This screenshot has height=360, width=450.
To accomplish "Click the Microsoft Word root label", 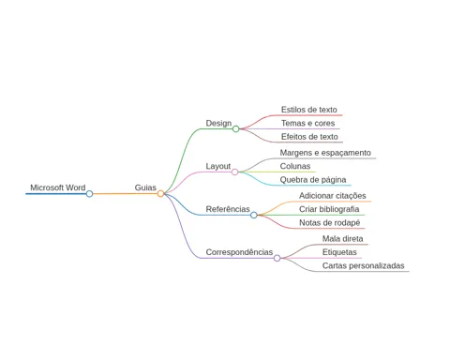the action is coord(58,187).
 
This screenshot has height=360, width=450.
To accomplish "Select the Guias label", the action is coord(145,187).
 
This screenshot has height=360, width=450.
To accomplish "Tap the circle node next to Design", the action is coord(236,128).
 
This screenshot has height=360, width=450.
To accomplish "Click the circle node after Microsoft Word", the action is coord(89,194).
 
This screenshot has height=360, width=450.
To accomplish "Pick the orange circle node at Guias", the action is coord(160,194).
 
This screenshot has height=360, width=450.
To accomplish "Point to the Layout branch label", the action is coord(218,166).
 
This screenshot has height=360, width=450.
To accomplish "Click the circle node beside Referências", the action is coord(254,215).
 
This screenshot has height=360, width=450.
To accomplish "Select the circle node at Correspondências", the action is coord(277,258).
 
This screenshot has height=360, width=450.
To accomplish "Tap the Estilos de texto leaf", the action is coord(309,110).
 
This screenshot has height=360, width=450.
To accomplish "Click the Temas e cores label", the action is coord(307,123).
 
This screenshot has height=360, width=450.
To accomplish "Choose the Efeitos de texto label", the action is coord(309,137).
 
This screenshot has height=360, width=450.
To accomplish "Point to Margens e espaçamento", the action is coord(325,153).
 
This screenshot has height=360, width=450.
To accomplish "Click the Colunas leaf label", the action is coord(295,166).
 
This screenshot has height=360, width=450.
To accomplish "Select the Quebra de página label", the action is coord(313,180).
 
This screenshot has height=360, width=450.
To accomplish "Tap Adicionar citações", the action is coord(333,196).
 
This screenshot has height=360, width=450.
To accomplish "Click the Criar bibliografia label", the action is coord(329,209).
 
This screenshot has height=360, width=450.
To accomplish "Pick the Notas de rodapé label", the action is coord(330,223).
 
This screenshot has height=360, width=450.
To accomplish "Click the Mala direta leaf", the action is coord(342,239).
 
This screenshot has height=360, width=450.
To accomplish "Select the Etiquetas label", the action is coord(339,252).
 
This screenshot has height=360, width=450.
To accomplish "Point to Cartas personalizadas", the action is coord(363,266).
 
